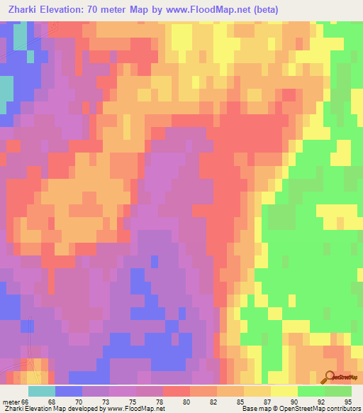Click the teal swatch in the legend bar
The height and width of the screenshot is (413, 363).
click(42, 391)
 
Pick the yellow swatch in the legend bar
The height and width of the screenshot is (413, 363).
click(284, 391)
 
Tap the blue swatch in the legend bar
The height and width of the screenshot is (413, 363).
click(69, 391)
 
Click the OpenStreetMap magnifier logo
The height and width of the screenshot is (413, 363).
click(329, 377)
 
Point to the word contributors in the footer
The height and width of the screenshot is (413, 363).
click(341, 409)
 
